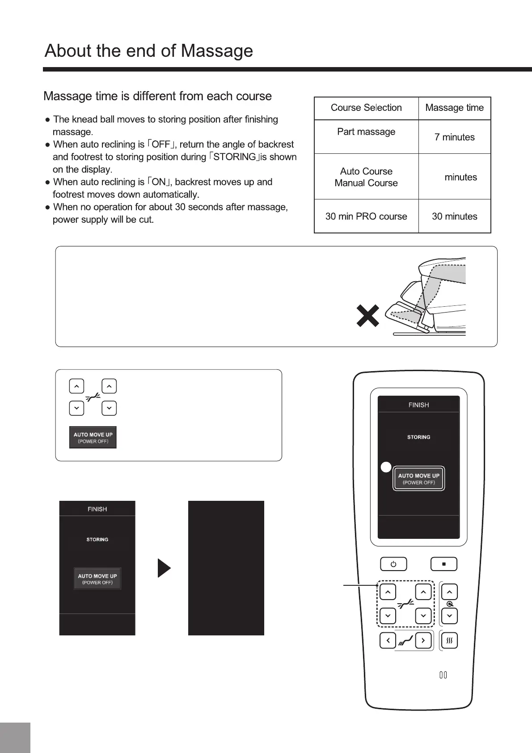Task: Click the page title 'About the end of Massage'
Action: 149,51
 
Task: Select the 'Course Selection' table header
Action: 366,108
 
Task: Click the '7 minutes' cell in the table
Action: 454,137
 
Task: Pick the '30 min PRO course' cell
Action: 366,216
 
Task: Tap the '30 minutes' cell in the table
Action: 454,216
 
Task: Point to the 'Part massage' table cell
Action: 366,132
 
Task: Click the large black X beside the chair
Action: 367,316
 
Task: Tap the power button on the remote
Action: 393,564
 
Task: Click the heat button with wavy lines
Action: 449,641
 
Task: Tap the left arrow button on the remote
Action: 388,641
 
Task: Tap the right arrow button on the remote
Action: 423,641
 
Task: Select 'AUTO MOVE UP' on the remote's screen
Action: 418,479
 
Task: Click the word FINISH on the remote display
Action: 418,405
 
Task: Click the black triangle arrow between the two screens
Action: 164,568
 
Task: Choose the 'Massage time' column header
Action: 454,108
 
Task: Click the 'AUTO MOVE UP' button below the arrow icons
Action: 93,437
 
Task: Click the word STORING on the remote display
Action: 418,437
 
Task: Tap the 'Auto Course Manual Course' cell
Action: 366,177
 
